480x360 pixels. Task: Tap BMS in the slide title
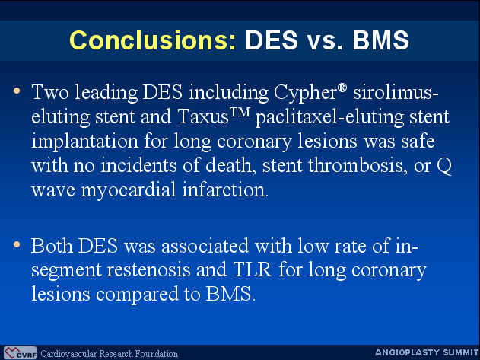[x=380, y=40]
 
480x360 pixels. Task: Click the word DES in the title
[x=272, y=40]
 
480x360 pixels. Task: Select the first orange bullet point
[x=17, y=91]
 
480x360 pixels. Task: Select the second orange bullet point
[x=17, y=244]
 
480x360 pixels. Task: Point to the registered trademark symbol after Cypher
[x=342, y=88]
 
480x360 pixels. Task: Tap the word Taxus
[x=203, y=116]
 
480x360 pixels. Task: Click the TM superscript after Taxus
[x=240, y=112]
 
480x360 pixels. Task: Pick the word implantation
[x=84, y=142]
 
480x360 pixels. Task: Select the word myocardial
[x=129, y=190]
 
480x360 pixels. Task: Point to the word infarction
[x=225, y=190]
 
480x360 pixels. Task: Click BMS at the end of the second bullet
[x=230, y=294]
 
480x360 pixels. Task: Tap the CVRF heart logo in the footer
[x=21, y=353]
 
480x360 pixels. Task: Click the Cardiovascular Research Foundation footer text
[x=110, y=354]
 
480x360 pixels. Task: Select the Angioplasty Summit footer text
[x=427, y=352]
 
